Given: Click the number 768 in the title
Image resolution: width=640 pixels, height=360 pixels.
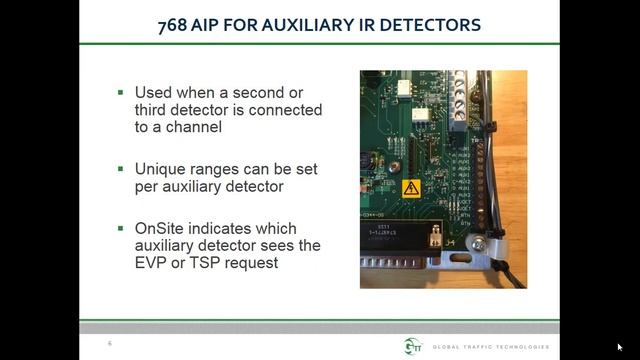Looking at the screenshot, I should tap(175, 23).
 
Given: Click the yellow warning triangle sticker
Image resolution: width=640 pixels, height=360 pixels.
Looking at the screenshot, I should tap(411, 187).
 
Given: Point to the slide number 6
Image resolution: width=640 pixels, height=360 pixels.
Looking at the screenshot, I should tap(110, 343).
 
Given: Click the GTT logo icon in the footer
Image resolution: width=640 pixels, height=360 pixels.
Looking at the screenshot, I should tap(414, 345).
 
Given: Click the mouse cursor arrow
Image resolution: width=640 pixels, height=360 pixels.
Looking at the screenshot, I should tap(620, 347).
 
